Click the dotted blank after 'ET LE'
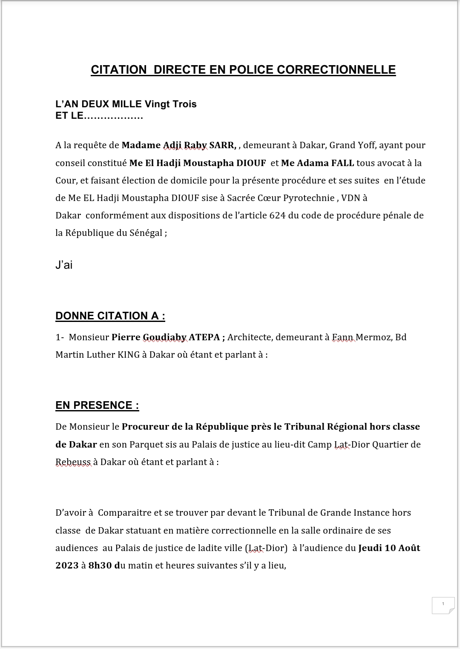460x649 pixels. pyautogui.click(x=113, y=116)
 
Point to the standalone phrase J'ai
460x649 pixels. pyautogui.click(x=64, y=265)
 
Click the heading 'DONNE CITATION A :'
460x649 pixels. pyautogui.click(x=110, y=316)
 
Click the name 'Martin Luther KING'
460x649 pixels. pyautogui.click(x=98, y=355)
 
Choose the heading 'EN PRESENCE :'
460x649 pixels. pyautogui.click(x=97, y=405)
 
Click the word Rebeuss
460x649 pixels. pyautogui.click(x=73, y=462)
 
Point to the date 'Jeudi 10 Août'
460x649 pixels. pyautogui.click(x=389, y=548)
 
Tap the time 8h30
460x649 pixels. pyautogui.click(x=100, y=566)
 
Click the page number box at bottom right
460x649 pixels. pyautogui.click(x=443, y=605)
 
